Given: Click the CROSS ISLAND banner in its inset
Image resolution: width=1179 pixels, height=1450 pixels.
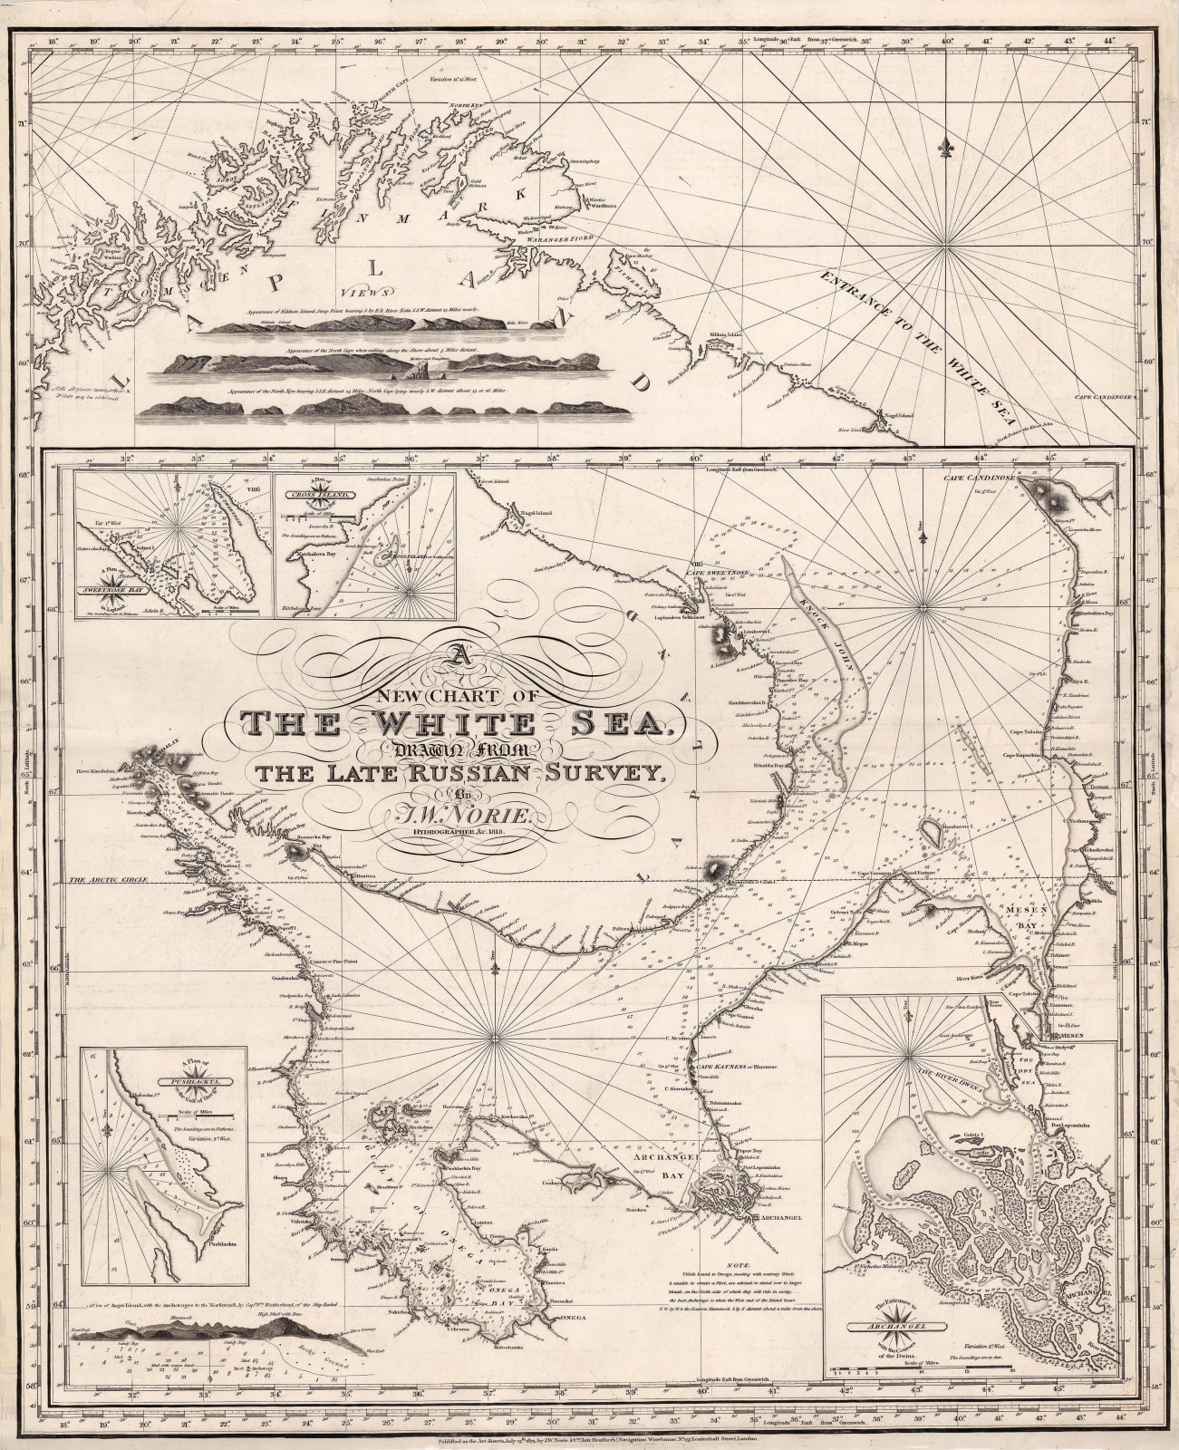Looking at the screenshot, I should pyautogui.click(x=327, y=496).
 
